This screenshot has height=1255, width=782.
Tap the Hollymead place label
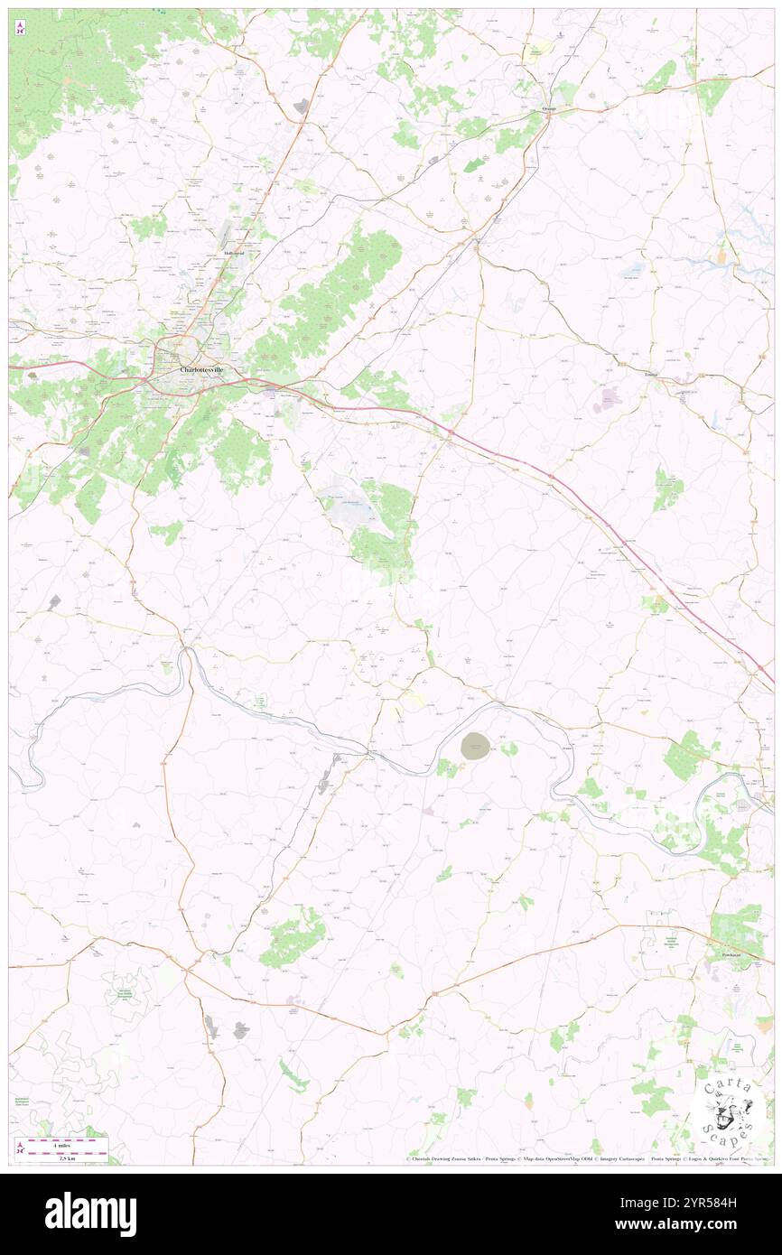(235, 254)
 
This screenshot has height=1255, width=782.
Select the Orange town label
(549, 109)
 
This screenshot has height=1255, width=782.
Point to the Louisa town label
(648, 373)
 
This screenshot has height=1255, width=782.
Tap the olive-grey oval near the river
(475, 746)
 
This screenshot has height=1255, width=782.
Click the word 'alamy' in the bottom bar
(90, 1214)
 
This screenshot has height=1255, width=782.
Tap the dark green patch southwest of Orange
(473, 165)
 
